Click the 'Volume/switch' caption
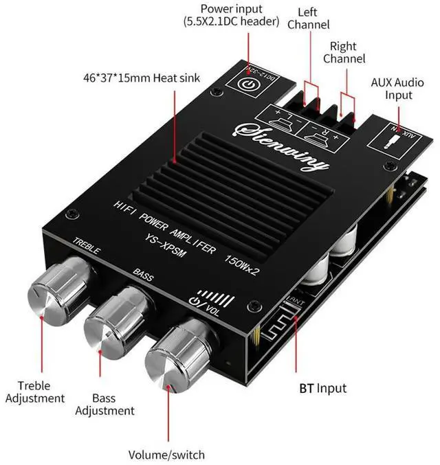coord(166,455)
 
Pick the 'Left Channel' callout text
coord(309,19)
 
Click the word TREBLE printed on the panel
coord(86,246)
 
